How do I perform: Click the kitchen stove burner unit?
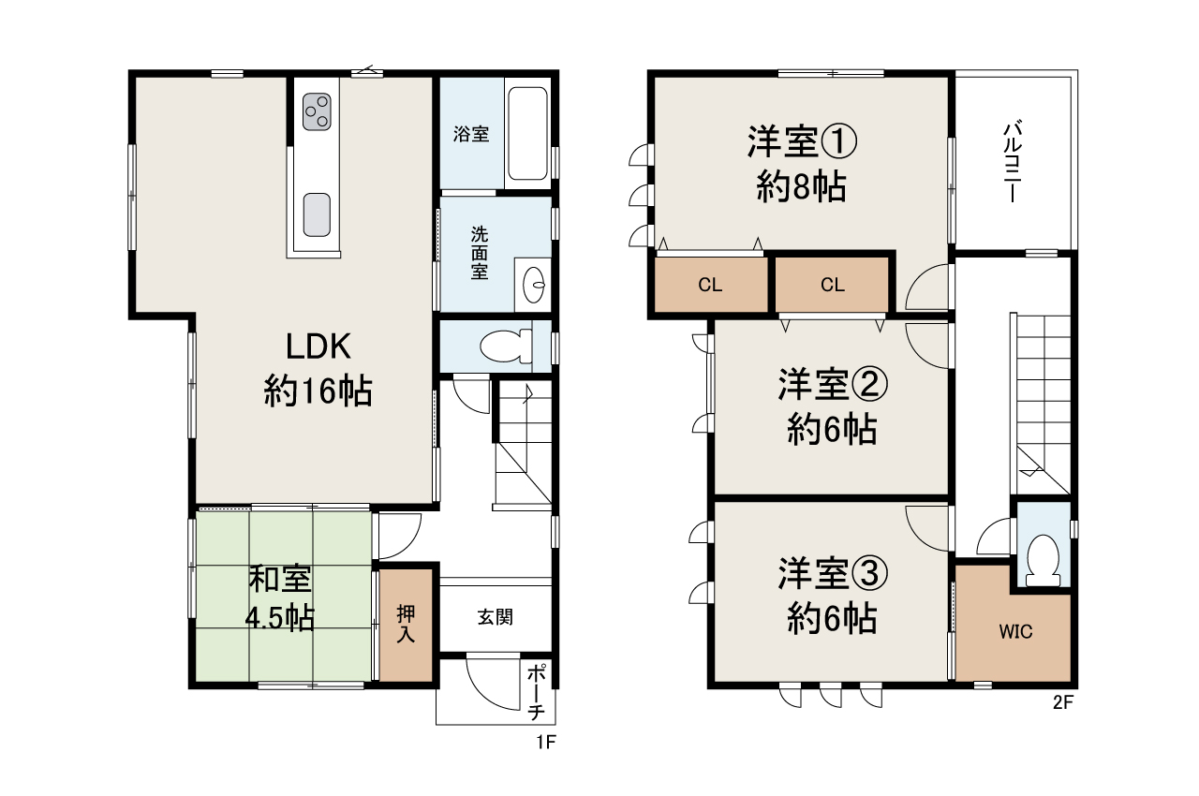(x=317, y=111)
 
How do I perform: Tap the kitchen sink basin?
(x=317, y=214)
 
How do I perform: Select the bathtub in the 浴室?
(x=527, y=133)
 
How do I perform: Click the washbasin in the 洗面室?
(x=534, y=284)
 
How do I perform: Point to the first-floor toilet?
(x=506, y=346)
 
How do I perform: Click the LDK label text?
(x=318, y=346)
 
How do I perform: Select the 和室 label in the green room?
(x=280, y=579)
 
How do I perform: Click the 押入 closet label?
(x=406, y=625)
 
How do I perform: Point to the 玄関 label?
(x=496, y=617)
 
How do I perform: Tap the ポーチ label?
(x=537, y=692)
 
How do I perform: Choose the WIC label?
(x=1015, y=632)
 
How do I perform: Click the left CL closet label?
(x=710, y=285)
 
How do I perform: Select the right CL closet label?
(x=833, y=285)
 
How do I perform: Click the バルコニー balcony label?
(x=1013, y=162)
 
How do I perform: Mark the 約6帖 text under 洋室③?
(x=832, y=618)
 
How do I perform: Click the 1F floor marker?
(x=546, y=742)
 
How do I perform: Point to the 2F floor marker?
(x=1063, y=702)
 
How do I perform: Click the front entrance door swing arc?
(x=481, y=696)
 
